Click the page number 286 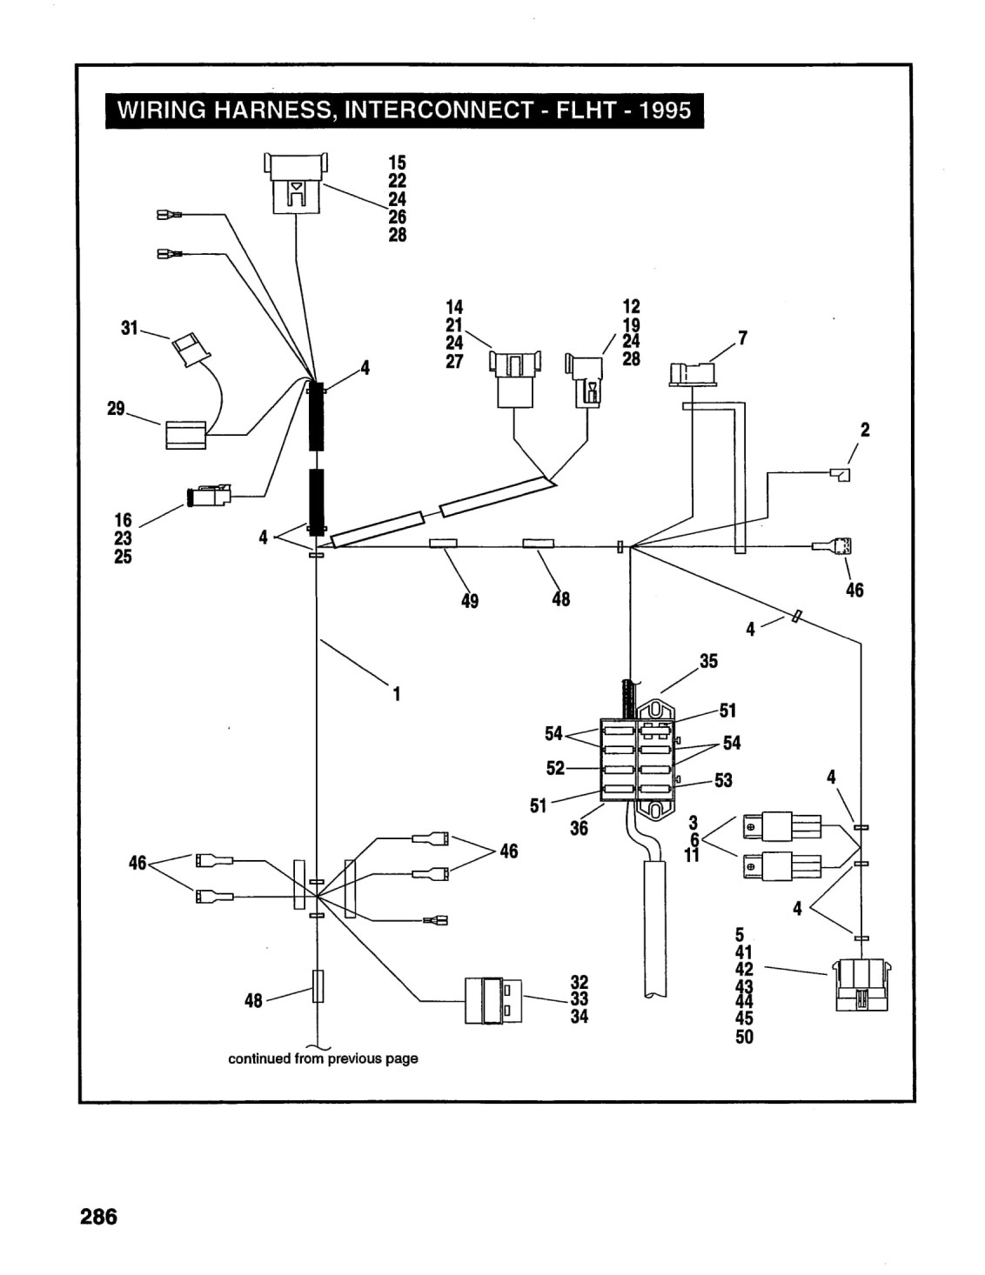tap(98, 1217)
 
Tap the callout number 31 tap(129, 328)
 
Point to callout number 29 tap(116, 409)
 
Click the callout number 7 tap(743, 338)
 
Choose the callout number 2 tap(865, 431)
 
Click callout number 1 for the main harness tap(397, 694)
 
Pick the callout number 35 tap(708, 661)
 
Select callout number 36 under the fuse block tap(579, 828)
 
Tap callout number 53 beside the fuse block tap(723, 780)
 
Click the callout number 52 tap(555, 768)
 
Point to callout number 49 tap(470, 601)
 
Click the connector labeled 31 tap(191, 350)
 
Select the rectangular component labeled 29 tap(186, 436)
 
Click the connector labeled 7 tap(693, 374)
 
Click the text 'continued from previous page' tap(323, 1059)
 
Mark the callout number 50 tap(744, 1038)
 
